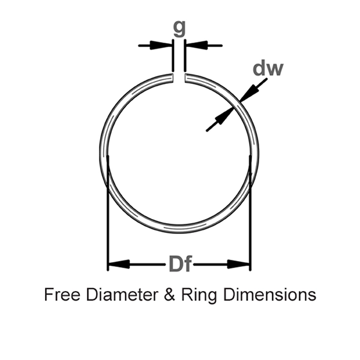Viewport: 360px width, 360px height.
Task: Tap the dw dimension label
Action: click(x=268, y=68)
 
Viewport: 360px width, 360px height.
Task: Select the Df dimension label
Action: click(x=179, y=263)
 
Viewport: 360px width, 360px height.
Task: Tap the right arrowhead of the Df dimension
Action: click(x=239, y=263)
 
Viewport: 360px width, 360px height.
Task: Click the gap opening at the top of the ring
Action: click(x=179, y=78)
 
